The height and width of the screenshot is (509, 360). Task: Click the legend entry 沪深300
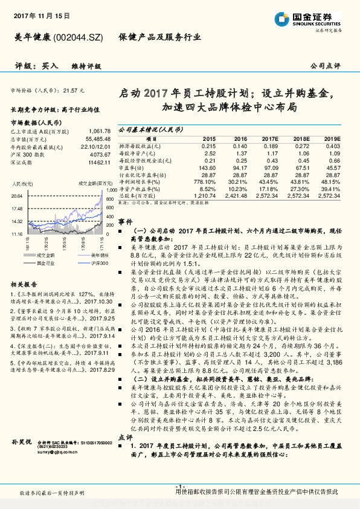83,264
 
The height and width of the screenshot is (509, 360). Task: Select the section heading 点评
125,437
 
